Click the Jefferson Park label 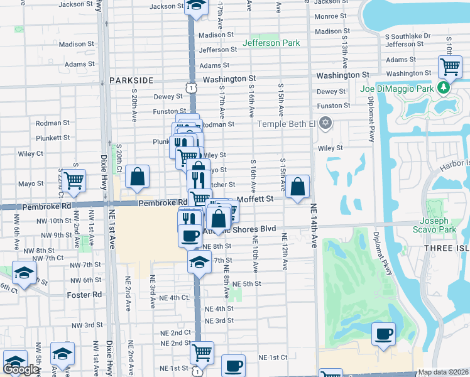click(x=271, y=43)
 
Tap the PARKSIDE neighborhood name click(x=131, y=80)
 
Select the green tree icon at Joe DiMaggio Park click(x=444, y=87)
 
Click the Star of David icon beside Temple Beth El click(x=325, y=123)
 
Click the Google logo click(x=21, y=370)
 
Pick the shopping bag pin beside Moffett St click(x=298, y=187)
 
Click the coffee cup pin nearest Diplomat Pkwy click(x=383, y=334)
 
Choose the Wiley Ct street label click(x=31, y=153)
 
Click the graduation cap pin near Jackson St click(x=196, y=6)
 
